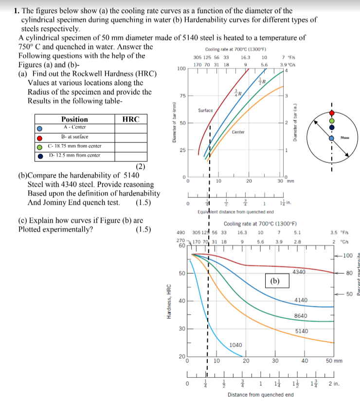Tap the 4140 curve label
[x=301, y=300]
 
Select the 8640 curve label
[x=301, y=316]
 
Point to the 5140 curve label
[x=302, y=331]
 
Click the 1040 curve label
[x=235, y=345]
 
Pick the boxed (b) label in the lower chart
[x=275, y=280]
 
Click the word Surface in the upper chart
[x=205, y=110]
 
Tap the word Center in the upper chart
[x=238, y=132]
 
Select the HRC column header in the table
[x=131, y=119]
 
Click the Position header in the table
[x=74, y=119]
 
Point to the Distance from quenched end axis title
[x=260, y=395]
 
